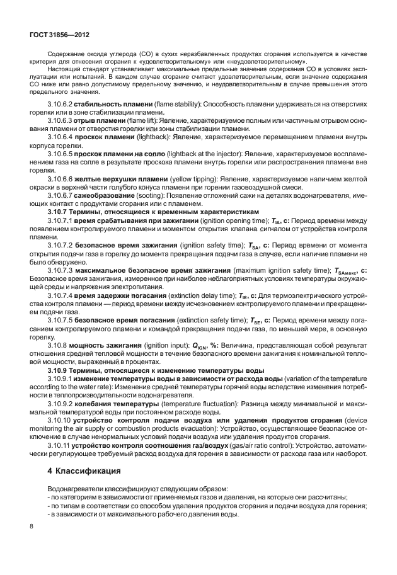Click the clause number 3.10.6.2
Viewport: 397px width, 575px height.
click(62, 103)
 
